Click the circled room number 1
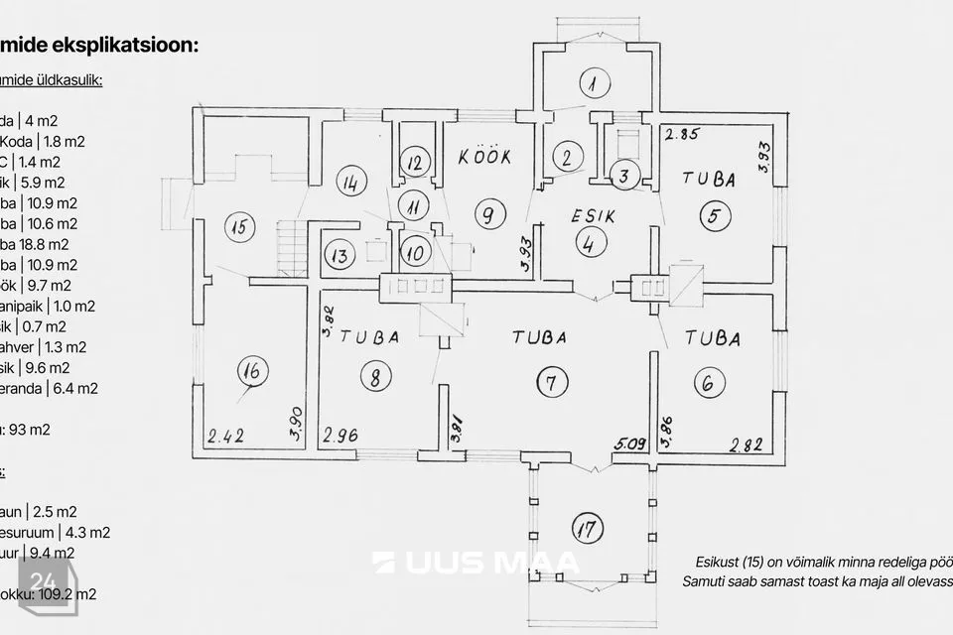[593, 83]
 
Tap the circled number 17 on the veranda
[589, 529]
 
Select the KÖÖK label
[484, 157]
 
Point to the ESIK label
[594, 215]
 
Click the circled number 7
[551, 382]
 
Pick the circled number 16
[253, 372]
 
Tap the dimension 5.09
[629, 444]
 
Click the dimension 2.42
[227, 435]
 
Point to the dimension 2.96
[340, 435]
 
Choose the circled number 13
[340, 254]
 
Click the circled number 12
[416, 161]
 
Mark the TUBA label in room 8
[369, 337]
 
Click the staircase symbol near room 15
[291, 247]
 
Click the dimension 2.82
[748, 444]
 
